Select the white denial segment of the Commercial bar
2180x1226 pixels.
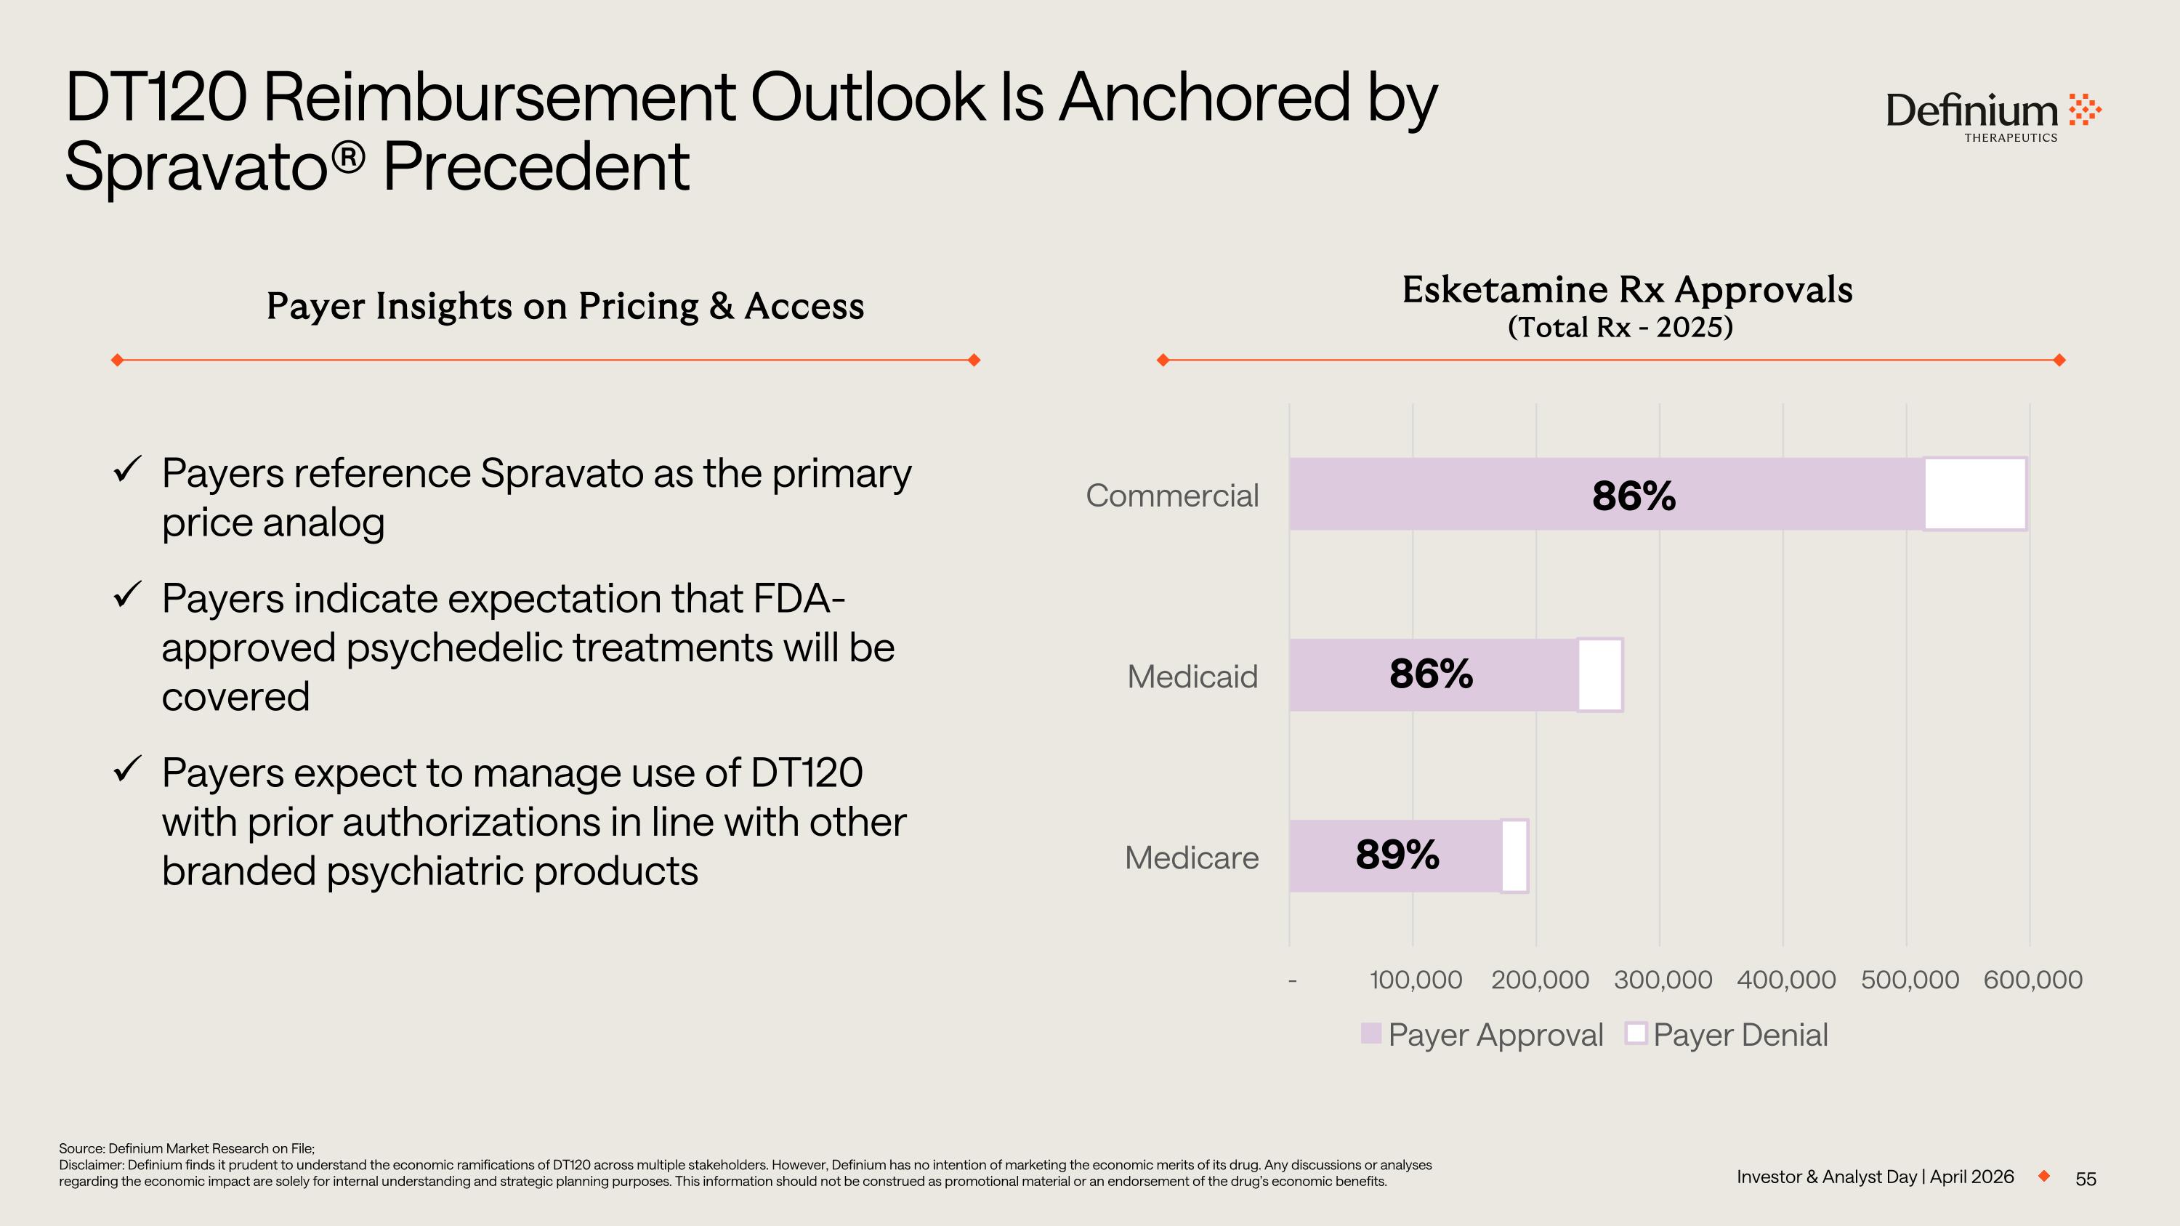(x=1975, y=495)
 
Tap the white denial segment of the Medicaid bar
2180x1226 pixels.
(x=1600, y=675)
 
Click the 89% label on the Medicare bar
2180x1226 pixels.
(x=1397, y=855)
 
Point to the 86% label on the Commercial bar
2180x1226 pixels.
(x=1634, y=496)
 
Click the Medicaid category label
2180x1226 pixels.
(x=1192, y=677)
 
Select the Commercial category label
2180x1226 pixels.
(x=1172, y=496)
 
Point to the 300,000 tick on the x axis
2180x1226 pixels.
(x=1663, y=980)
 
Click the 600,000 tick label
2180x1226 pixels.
(x=2032, y=980)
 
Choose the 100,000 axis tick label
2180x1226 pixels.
(x=1416, y=980)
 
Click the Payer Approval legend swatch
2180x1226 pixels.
(x=1371, y=1033)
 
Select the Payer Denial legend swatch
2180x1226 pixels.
(x=1636, y=1033)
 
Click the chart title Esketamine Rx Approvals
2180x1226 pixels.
(x=1626, y=290)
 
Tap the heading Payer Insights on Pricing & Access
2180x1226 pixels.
(x=565, y=306)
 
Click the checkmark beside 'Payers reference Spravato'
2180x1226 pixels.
(x=127, y=469)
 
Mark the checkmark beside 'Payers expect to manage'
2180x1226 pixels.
(x=127, y=769)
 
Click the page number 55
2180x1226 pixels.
(x=2086, y=1179)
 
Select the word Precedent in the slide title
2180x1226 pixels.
(x=536, y=166)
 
